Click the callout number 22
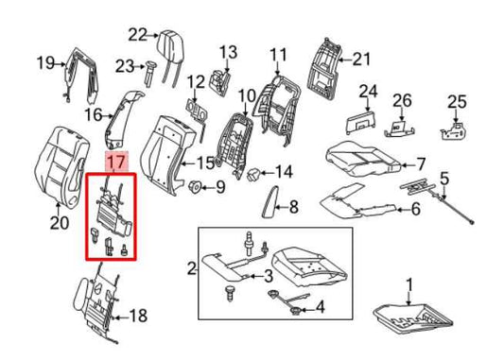pyautogui.click(x=139, y=35)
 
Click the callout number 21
pyautogui.click(x=363, y=59)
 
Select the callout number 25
pyautogui.click(x=458, y=100)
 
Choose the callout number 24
pyautogui.click(x=368, y=92)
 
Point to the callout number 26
pyautogui.click(x=403, y=100)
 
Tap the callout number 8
pyautogui.click(x=293, y=207)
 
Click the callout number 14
pyautogui.click(x=284, y=172)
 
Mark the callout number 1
pyautogui.click(x=409, y=283)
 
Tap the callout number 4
pyautogui.click(x=319, y=306)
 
